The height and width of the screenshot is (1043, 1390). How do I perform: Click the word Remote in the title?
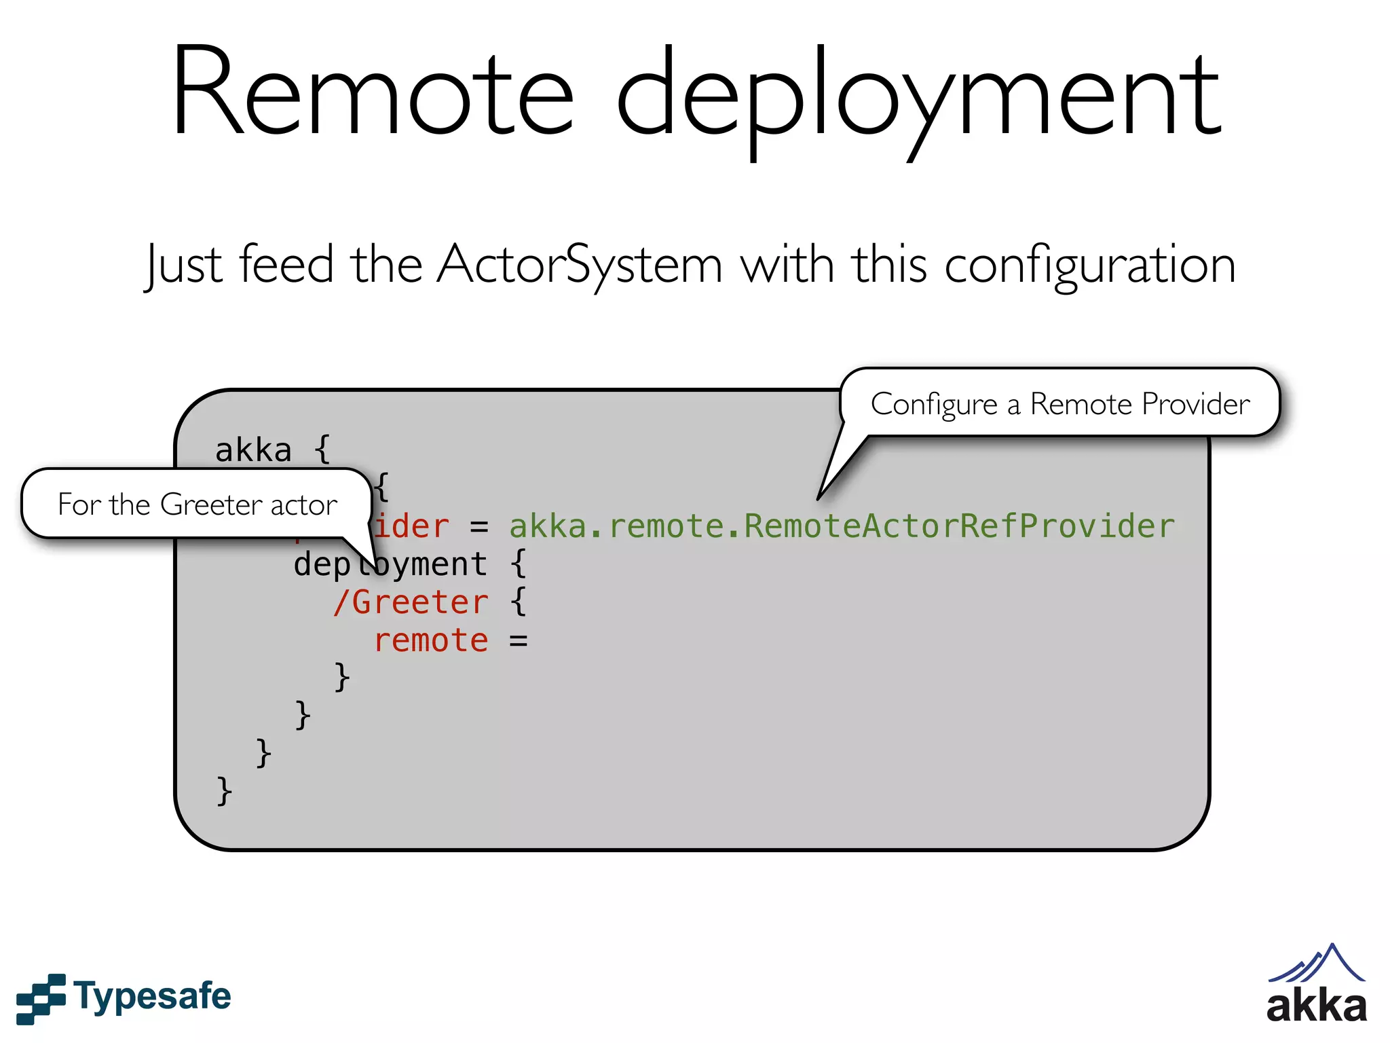pos(373,92)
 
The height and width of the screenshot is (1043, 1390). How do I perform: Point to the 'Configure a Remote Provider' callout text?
pos(1059,404)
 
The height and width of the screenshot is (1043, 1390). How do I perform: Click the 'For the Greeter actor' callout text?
pos(197,505)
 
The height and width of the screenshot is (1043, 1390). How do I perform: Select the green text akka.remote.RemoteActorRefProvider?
pos(842,526)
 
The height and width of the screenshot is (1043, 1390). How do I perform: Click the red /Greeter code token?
pos(411,602)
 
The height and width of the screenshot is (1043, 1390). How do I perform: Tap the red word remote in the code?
pos(431,640)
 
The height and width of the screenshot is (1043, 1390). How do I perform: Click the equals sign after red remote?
pos(519,641)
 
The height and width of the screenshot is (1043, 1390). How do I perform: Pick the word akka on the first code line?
pos(253,450)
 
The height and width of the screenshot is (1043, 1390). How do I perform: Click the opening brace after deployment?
pos(519,564)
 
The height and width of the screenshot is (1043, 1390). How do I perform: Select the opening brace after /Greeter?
pos(519,602)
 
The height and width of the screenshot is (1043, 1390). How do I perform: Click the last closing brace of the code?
pos(224,791)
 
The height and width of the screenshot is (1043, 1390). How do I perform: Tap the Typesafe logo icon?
pos(41,998)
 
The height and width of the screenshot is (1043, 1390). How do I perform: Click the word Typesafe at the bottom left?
pos(153,997)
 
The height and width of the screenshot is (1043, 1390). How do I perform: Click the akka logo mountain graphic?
pos(1317,964)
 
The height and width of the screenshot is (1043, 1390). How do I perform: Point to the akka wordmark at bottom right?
pos(1316,1007)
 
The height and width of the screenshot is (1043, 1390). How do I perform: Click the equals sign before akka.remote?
pos(479,527)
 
